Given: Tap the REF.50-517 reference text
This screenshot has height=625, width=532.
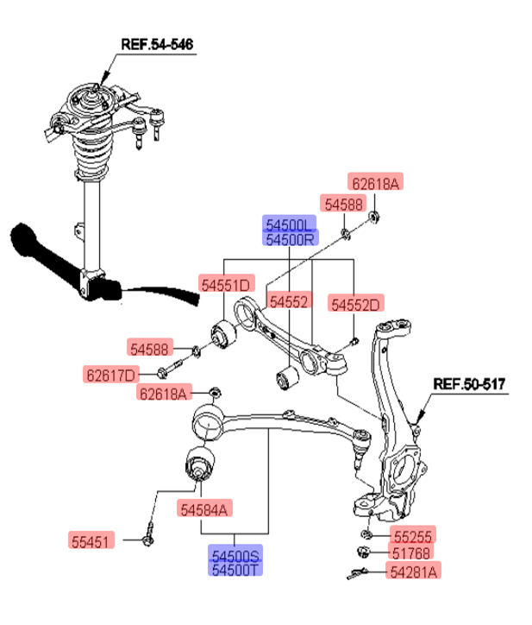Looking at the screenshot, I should (469, 382).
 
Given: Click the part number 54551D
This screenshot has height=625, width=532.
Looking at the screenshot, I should (226, 284).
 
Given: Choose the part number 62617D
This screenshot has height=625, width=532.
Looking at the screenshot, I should (110, 374).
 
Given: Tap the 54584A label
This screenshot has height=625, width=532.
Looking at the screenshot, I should (205, 509).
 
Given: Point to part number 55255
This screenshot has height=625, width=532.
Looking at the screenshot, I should (413, 536).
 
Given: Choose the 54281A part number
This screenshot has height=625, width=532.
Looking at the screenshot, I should (415, 570).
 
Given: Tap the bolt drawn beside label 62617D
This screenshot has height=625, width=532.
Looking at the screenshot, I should (171, 373).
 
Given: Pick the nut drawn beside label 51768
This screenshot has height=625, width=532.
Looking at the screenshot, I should (364, 552).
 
